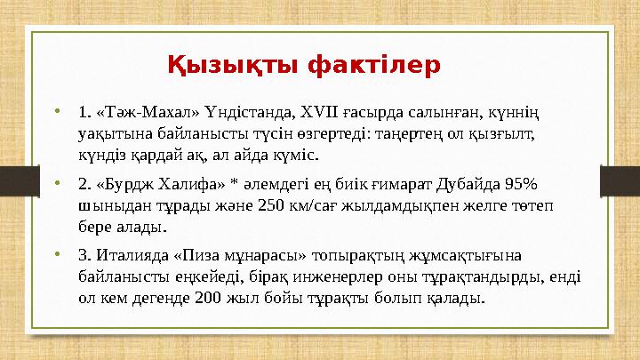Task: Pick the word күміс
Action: coord(299,156)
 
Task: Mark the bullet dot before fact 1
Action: coord(57,113)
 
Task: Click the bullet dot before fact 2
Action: coord(57,185)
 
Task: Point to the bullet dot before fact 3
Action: coord(57,257)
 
